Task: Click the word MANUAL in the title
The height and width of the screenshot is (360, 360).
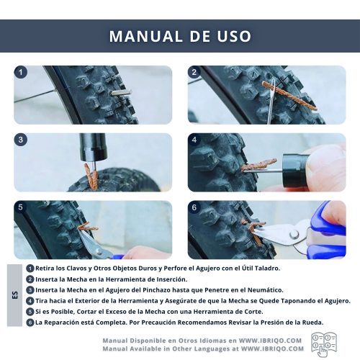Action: (x=146, y=36)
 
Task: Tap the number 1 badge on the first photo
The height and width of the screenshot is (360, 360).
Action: (x=21, y=72)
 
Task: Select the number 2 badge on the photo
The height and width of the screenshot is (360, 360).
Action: (x=194, y=72)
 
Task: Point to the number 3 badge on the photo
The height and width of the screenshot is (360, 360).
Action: (x=21, y=140)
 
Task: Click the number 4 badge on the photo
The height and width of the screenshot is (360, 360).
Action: (x=194, y=140)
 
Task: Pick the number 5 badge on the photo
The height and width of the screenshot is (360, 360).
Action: (x=20, y=207)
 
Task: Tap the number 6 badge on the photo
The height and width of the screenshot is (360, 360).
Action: (x=194, y=207)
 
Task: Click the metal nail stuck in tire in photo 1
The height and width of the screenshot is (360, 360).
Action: (x=121, y=94)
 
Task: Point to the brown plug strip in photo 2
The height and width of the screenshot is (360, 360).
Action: (x=289, y=96)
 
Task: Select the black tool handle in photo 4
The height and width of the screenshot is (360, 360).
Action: (x=296, y=170)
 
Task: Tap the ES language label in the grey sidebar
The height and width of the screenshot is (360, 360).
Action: (x=15, y=295)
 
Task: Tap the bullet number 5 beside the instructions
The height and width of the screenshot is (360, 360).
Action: (x=30, y=312)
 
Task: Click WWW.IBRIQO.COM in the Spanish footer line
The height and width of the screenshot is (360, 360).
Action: (x=270, y=341)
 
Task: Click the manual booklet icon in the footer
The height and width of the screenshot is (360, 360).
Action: (x=324, y=344)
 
